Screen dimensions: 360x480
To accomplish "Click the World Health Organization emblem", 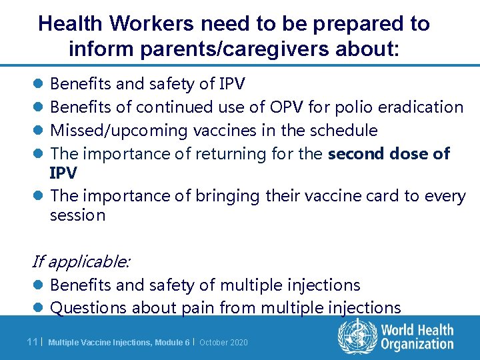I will click(357, 336).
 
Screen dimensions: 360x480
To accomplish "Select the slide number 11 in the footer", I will click(32, 342).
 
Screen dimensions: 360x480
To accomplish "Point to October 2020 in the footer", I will click(223, 342).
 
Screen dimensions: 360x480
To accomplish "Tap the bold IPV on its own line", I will click(63, 173).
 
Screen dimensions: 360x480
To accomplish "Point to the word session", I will click(77, 215).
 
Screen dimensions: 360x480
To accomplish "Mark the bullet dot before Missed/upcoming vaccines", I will click(38, 131).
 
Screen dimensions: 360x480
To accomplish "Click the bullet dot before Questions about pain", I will click(38, 307).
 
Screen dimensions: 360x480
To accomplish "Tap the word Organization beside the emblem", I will click(417, 344).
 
